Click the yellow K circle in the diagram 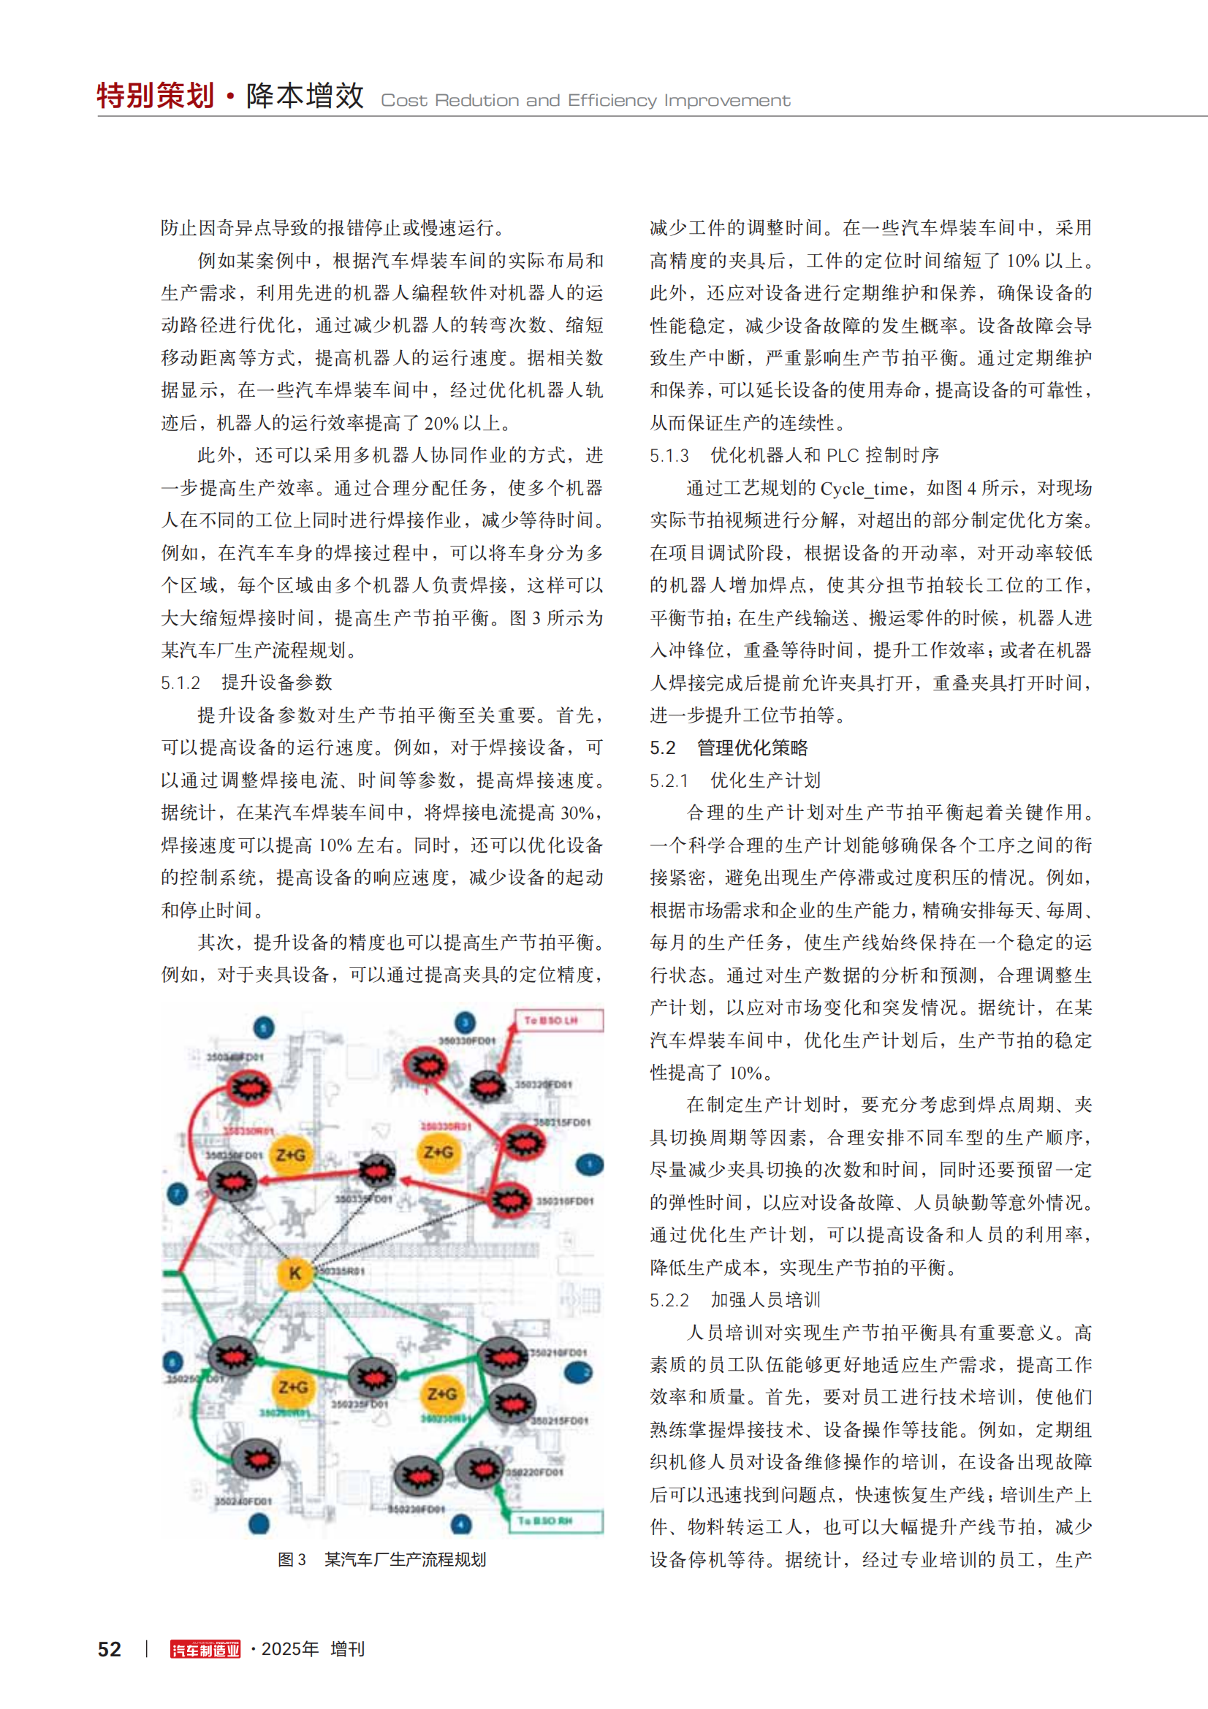click(x=295, y=1273)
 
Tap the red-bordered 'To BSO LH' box click(x=558, y=1020)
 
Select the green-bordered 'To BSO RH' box click(x=555, y=1520)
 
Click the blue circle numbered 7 click(x=177, y=1195)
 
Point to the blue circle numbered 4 click(x=461, y=1524)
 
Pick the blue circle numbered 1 click(x=590, y=1165)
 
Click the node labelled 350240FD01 click(x=255, y=1459)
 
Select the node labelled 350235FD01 click(x=372, y=1379)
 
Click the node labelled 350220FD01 click(x=479, y=1469)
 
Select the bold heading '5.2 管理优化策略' click(x=728, y=747)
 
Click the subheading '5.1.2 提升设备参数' click(x=246, y=682)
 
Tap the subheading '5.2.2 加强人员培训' click(x=734, y=1300)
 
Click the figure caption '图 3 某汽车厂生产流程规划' click(x=381, y=1559)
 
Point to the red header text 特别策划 click(x=156, y=96)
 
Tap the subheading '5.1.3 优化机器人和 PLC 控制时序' click(x=794, y=455)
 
